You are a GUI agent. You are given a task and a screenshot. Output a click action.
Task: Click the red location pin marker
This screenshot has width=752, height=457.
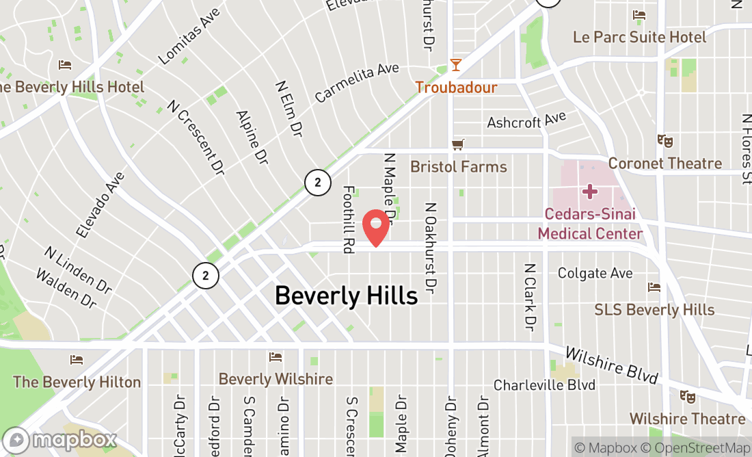coord(375,228)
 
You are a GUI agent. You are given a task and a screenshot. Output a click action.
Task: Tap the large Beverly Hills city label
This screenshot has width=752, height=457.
coord(346,296)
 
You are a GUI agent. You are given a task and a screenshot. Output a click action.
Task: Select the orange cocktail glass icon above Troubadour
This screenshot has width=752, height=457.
coord(456,65)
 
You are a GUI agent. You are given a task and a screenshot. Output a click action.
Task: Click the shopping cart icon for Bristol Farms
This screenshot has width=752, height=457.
coord(457,144)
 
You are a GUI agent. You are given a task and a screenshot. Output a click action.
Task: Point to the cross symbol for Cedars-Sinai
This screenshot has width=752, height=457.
coord(590,191)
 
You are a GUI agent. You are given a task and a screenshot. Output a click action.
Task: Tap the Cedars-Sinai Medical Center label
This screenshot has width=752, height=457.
coord(590,224)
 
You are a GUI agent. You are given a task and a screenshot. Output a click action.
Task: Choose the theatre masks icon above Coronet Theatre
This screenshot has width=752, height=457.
coord(664,140)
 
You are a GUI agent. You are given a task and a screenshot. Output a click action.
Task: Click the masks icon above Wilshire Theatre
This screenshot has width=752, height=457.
coord(687,396)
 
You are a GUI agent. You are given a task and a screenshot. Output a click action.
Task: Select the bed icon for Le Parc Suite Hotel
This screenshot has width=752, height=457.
coord(639,15)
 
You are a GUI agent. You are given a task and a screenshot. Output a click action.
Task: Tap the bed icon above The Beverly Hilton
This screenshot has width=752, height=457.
coord(77,359)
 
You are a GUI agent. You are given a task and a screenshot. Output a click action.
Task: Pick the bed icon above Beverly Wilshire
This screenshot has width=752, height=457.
coord(276,357)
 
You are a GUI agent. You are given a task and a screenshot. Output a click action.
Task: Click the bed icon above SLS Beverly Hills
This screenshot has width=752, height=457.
coord(654,287)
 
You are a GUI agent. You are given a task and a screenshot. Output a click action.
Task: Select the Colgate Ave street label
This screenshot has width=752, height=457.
coord(595,274)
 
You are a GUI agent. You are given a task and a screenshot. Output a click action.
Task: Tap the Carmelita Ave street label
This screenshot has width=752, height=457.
coord(356,83)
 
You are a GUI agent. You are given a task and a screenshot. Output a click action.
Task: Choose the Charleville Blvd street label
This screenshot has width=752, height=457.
coord(544,385)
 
